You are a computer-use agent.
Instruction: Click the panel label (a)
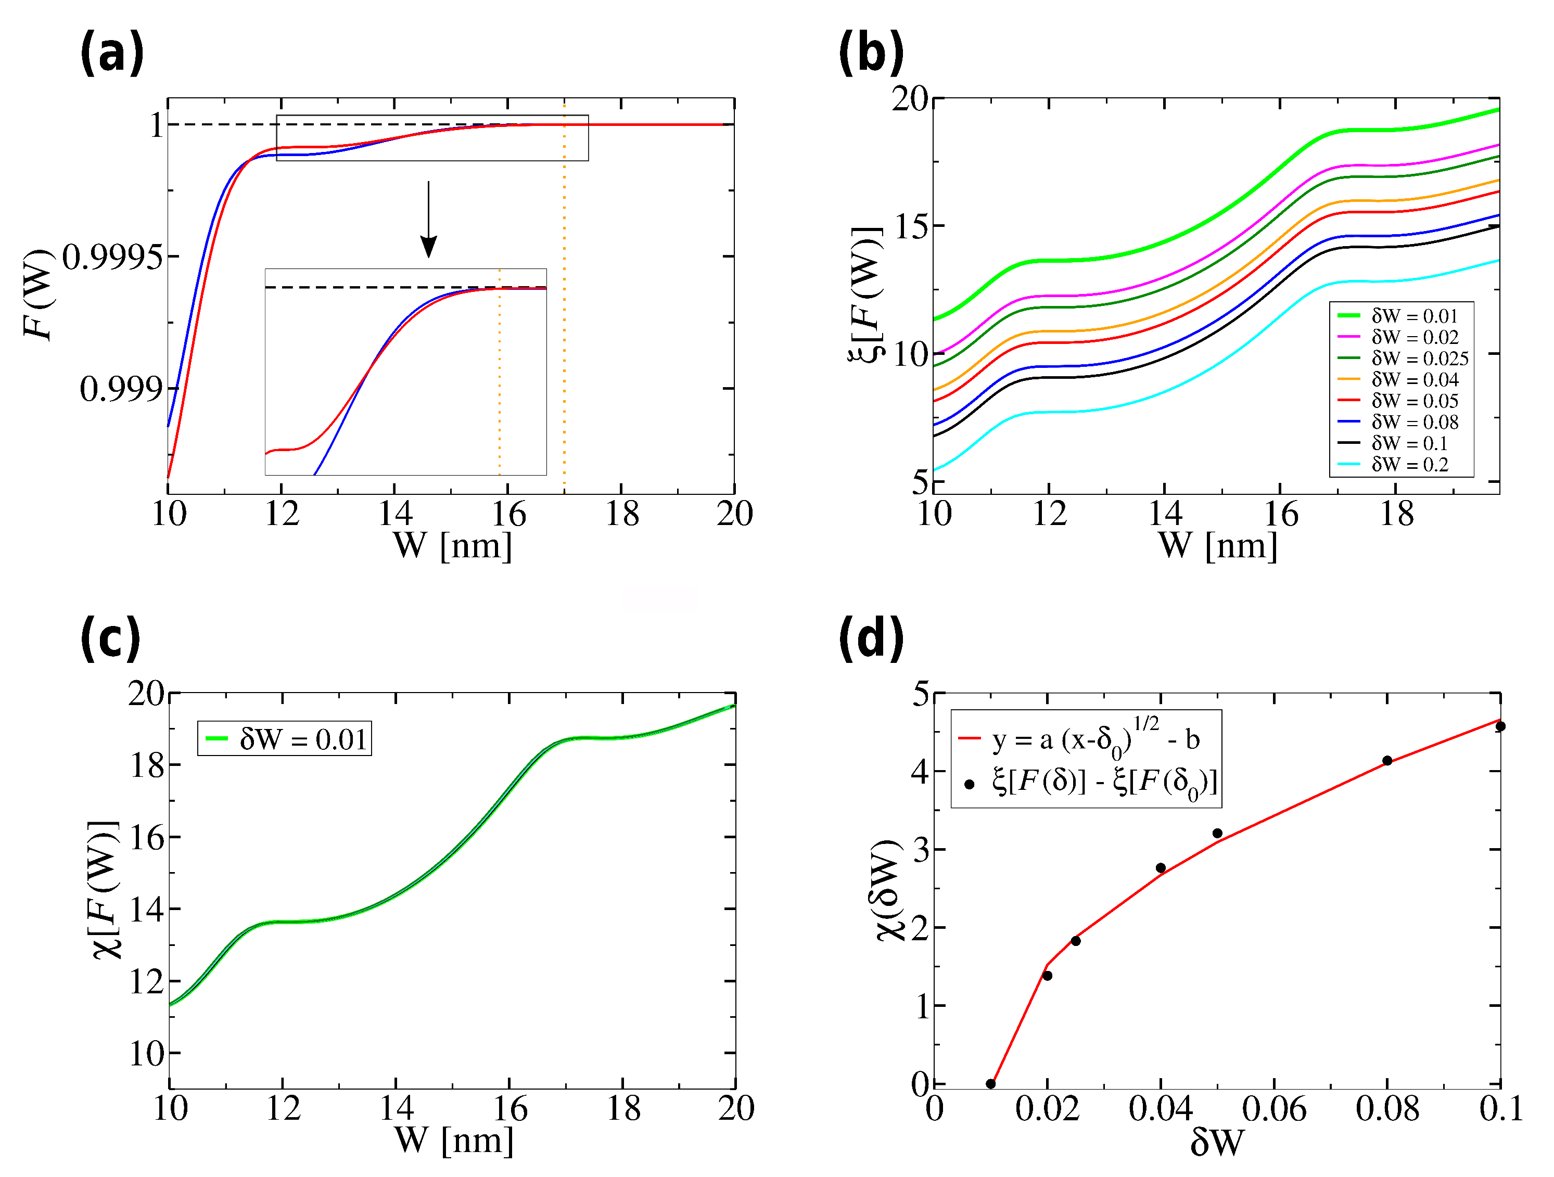coord(112,54)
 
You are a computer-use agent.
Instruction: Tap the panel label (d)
coord(871,638)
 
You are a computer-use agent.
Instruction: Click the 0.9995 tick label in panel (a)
coord(112,258)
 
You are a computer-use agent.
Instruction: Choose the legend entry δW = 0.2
coord(1409,464)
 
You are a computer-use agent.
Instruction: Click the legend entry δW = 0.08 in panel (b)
coord(1414,422)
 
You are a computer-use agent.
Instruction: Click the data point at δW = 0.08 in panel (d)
coord(1387,761)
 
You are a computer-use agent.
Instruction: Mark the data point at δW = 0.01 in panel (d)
coord(990,1083)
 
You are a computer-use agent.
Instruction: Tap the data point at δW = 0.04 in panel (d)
coord(1161,868)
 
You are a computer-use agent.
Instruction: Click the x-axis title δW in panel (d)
coord(1217,1143)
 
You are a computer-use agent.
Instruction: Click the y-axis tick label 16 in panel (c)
coord(147,837)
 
